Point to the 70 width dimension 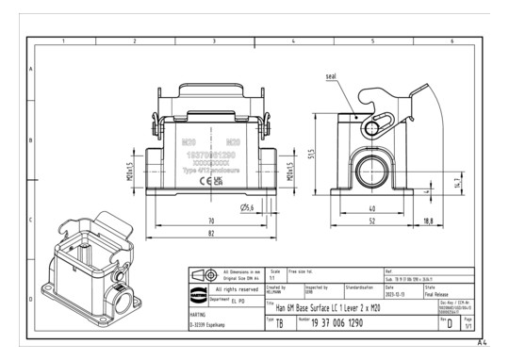coord(209,220)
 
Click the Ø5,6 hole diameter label coord(249,206)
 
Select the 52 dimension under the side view coord(373,220)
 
